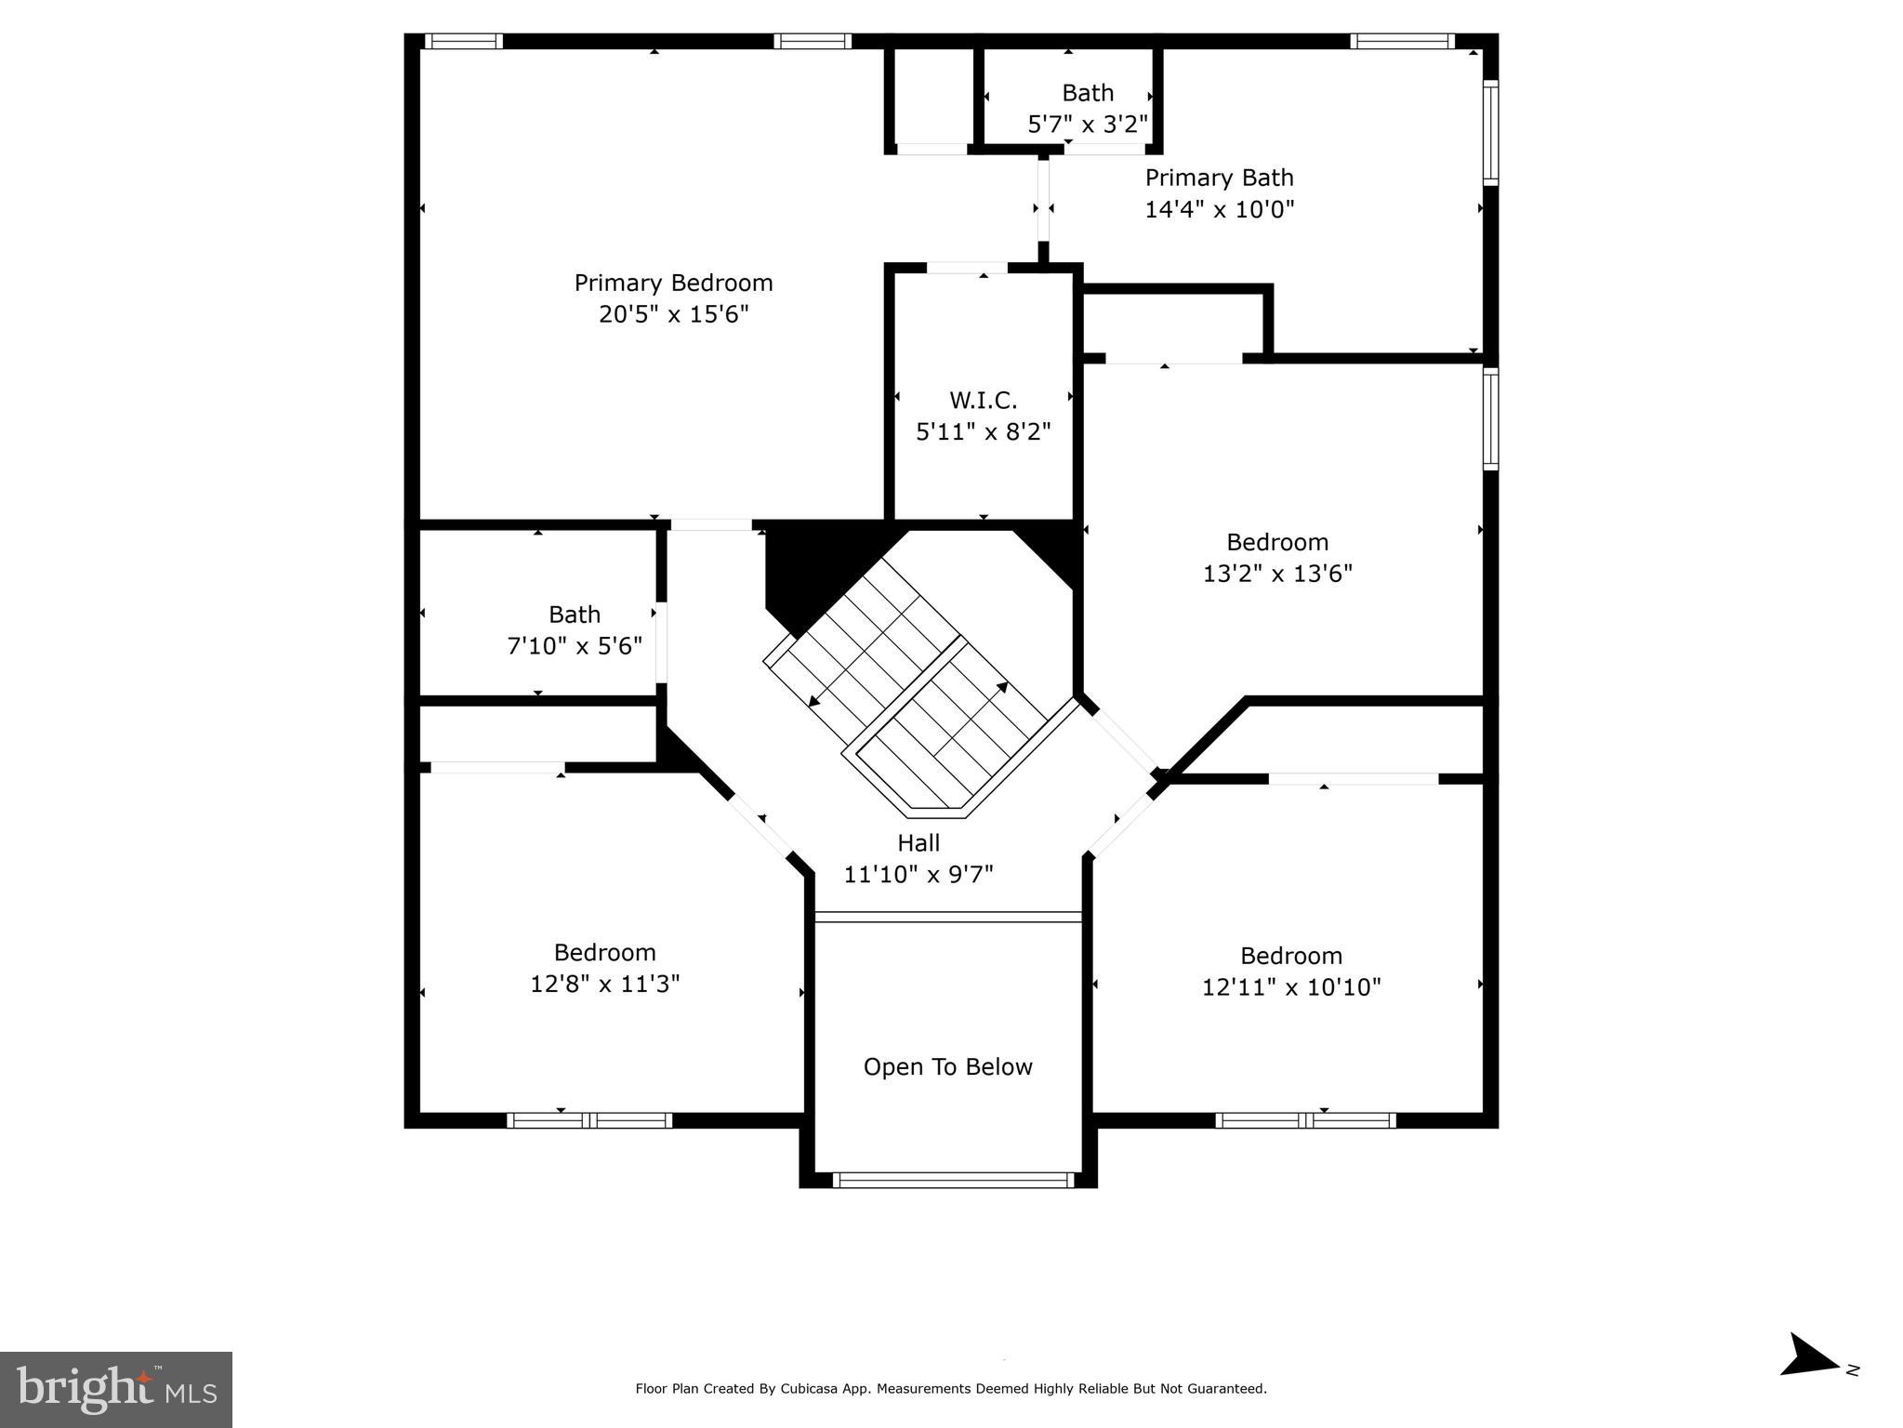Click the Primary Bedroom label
tap(673, 283)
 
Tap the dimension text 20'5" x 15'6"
tap(673, 314)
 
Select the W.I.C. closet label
tap(983, 401)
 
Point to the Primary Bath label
tap(1219, 178)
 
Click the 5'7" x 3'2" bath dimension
tap(1087, 125)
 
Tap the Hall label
tap(918, 843)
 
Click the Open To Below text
tap(947, 1066)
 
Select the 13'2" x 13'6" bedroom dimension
tap(1277, 574)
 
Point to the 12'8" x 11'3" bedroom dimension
tap(604, 984)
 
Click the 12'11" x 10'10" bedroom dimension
tap(1291, 987)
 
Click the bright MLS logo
tap(116, 1390)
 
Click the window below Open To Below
tap(953, 1180)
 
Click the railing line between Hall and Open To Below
tap(947, 917)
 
